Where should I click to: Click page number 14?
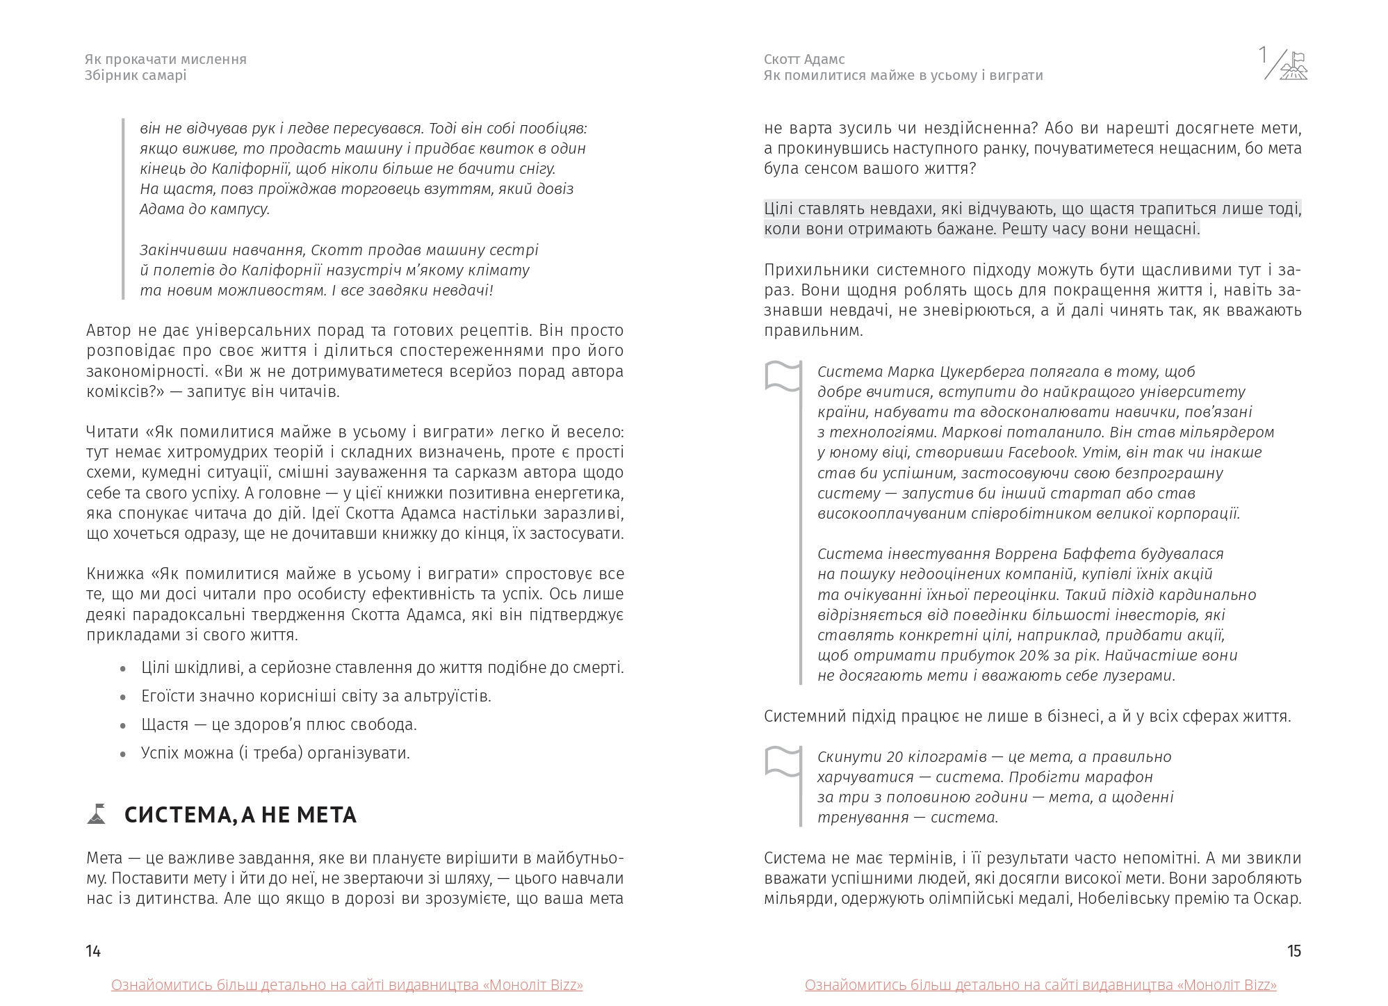click(x=93, y=951)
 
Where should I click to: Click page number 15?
click(x=1293, y=951)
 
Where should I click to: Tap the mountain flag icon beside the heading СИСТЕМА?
click(x=97, y=814)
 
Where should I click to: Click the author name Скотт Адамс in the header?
click(x=804, y=59)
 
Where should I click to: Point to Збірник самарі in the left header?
click(x=136, y=75)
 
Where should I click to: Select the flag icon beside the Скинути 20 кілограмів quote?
click(x=783, y=761)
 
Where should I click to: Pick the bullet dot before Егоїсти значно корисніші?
click(x=124, y=697)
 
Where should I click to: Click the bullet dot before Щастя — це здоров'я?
click(x=124, y=726)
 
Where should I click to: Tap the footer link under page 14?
click(x=347, y=985)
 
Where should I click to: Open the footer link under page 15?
click(x=1040, y=985)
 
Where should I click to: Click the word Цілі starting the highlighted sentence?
click(x=780, y=209)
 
